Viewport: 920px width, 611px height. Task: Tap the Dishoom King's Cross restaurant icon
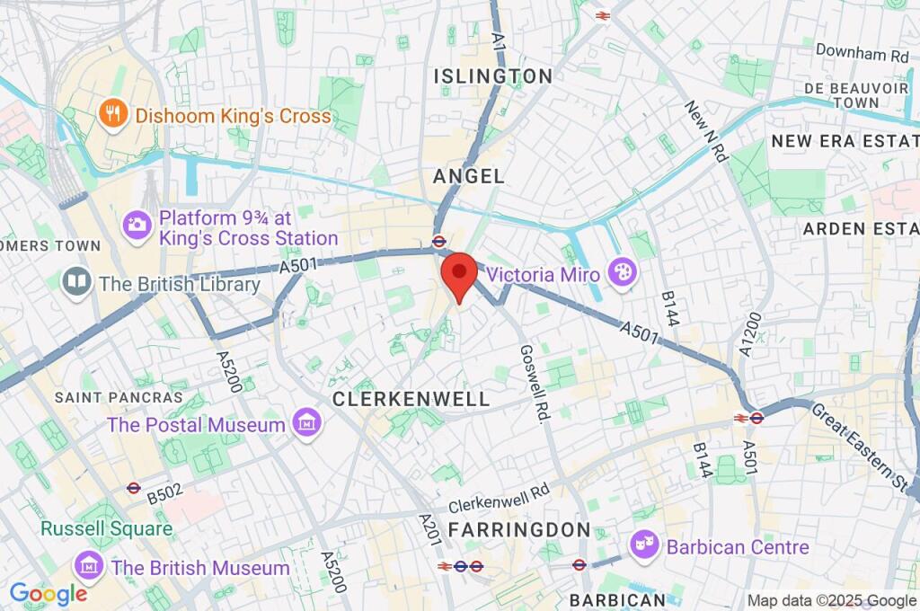coord(113,115)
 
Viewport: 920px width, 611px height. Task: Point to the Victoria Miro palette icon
coord(620,273)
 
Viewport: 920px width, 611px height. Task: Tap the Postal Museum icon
coord(307,424)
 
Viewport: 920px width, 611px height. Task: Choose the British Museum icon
coord(89,567)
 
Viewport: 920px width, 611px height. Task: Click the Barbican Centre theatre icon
coord(642,545)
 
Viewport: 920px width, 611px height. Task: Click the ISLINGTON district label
coord(493,77)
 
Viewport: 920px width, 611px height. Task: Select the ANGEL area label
coord(469,177)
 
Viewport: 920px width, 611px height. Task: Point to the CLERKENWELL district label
coord(411,399)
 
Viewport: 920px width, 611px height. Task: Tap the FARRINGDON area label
coord(518,529)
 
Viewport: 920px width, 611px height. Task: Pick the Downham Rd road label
coord(862,54)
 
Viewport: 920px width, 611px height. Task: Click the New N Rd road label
coord(705,131)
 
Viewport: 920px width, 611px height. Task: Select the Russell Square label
coord(105,528)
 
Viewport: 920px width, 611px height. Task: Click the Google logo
coord(48,593)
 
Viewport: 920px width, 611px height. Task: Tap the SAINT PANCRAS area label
coord(118,397)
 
